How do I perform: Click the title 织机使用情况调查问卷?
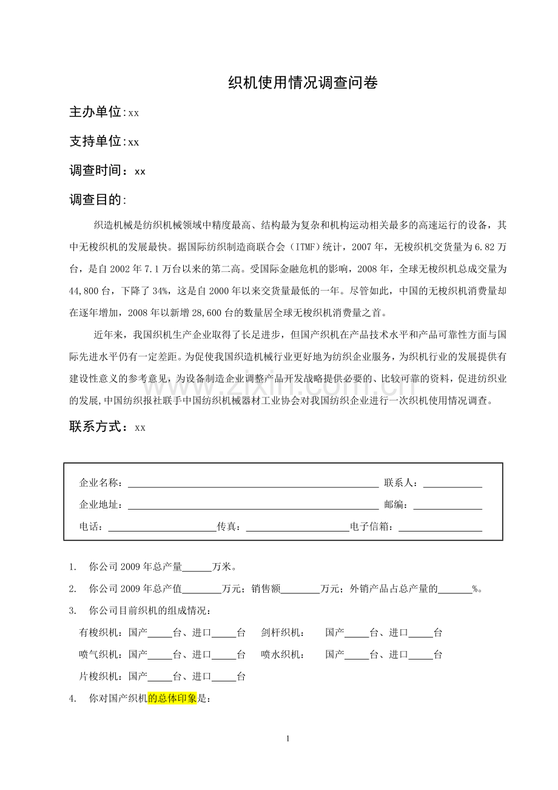[303, 83]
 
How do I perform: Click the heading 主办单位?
[96, 112]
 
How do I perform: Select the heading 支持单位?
[96, 141]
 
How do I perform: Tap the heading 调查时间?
[99, 171]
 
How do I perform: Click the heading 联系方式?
[99, 427]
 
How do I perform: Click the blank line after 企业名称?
[253, 484]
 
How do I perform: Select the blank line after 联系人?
[452, 484]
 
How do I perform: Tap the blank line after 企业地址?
[253, 505]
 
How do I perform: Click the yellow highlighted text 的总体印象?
[173, 699]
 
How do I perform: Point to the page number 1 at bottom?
[287, 738]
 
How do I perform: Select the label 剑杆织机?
[283, 633]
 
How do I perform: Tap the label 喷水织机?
[283, 655]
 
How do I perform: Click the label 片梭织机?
[101, 677]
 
